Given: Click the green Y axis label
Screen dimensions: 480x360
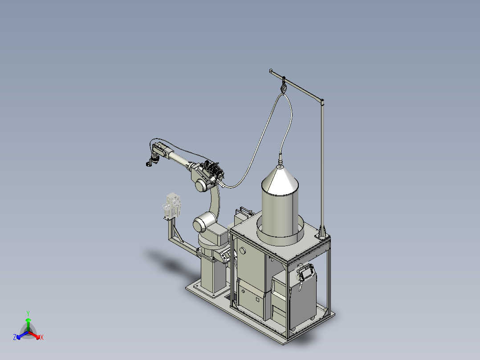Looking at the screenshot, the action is click(x=28, y=313).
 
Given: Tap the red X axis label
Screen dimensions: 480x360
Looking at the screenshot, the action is click(x=42, y=337).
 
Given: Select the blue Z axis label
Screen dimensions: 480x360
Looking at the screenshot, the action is click(x=14, y=337).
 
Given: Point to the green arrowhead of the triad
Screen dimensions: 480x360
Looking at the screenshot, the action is click(x=28, y=320).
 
